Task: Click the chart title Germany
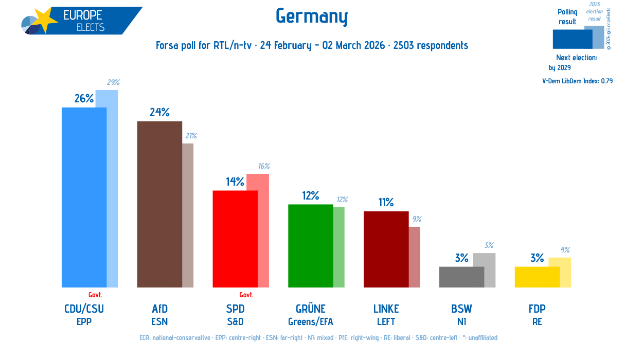[312, 16]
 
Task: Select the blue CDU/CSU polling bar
[84, 197]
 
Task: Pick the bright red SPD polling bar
[235, 239]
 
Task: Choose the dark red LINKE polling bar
[386, 249]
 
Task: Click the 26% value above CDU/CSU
[84, 99]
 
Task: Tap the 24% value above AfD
[159, 113]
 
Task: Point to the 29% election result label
[113, 82]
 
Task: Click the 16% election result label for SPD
[263, 166]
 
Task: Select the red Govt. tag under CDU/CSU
[95, 295]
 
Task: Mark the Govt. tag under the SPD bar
[246, 295]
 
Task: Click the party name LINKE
[386, 309]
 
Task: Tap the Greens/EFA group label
[310, 322]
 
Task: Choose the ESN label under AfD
[159, 322]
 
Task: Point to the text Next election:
[576, 58]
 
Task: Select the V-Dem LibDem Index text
[577, 81]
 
